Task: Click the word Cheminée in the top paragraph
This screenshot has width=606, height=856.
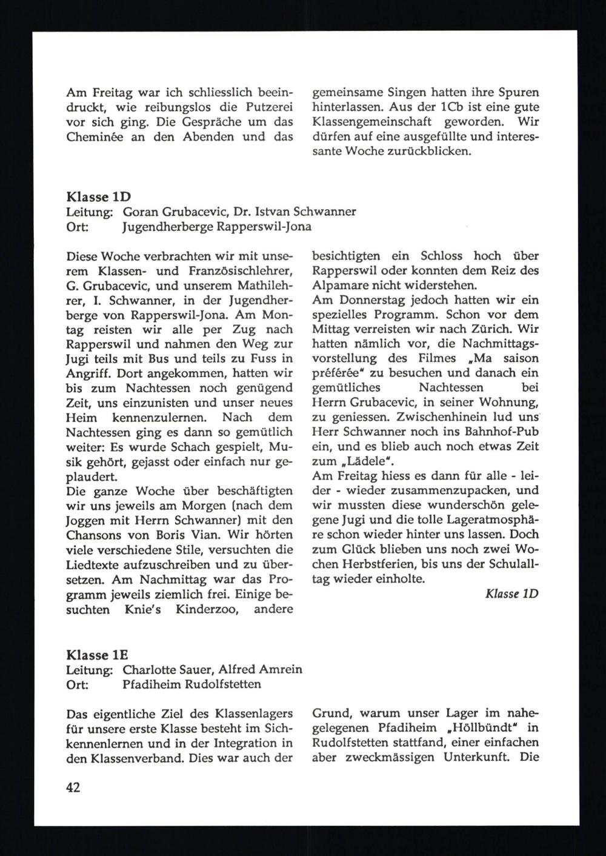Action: coord(93,137)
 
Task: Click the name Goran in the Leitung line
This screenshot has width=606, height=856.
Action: coord(141,212)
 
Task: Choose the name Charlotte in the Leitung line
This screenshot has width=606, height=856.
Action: coord(147,670)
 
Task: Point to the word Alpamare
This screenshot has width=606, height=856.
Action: coord(341,286)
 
